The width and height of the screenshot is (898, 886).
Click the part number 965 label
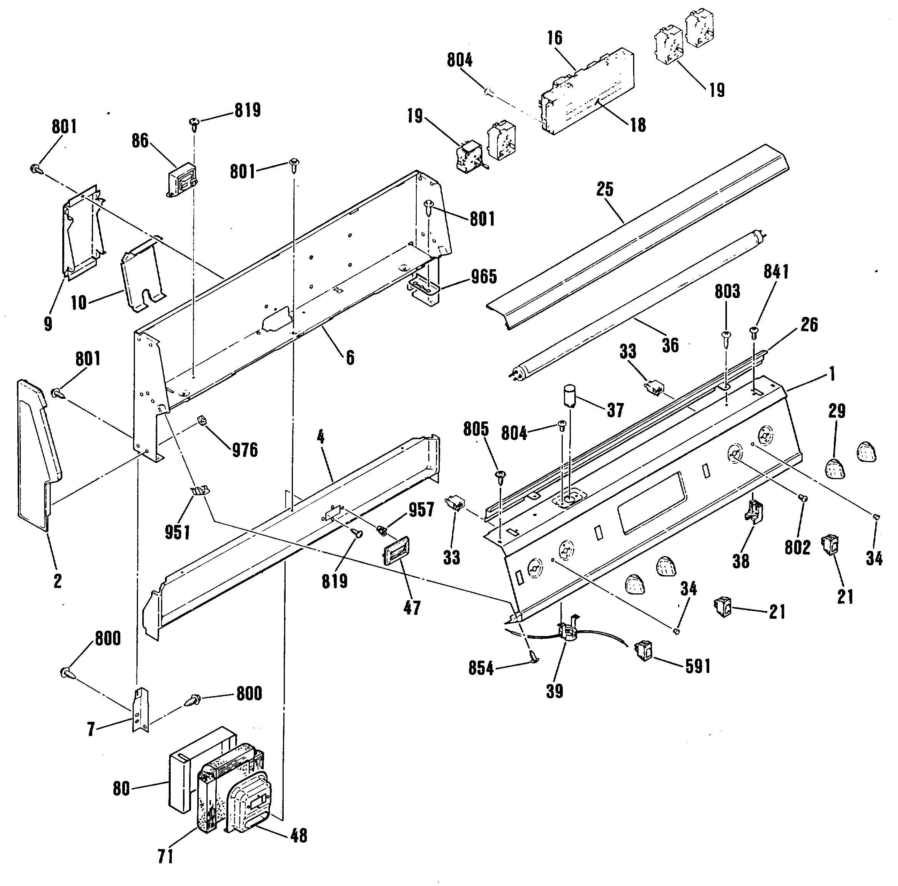click(484, 277)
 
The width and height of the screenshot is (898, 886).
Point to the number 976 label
click(244, 450)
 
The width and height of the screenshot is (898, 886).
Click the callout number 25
click(605, 189)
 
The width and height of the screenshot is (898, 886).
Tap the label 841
click(776, 272)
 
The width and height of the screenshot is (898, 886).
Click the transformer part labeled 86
click(181, 182)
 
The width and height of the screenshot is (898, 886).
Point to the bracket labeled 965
click(423, 291)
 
